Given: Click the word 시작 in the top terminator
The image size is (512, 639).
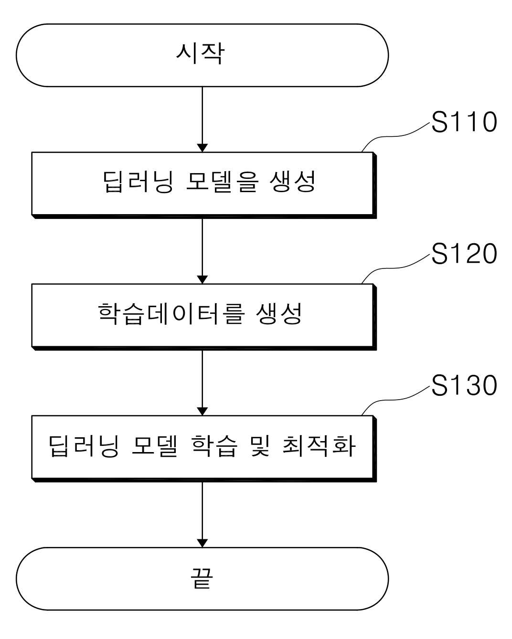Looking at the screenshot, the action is tap(200, 53).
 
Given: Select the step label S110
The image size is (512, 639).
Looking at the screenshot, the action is tap(464, 122).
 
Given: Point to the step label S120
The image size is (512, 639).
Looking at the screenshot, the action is tap(464, 253).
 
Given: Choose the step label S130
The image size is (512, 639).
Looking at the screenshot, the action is tap(464, 385).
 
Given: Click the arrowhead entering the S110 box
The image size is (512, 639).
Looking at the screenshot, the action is tap(203, 147).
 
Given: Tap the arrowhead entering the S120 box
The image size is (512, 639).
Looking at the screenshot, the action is tap(203, 279).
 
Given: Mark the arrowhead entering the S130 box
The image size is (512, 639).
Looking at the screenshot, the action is tap(203, 411).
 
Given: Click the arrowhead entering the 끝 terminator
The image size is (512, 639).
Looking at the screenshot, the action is tap(203, 543).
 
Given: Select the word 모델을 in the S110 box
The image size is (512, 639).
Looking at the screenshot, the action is tap(223, 181).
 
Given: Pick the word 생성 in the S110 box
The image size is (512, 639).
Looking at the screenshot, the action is tap(292, 181).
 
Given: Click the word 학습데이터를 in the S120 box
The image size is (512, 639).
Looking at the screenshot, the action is tap(171, 314).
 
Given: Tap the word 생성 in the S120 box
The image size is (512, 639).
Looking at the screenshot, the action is tap(279, 314).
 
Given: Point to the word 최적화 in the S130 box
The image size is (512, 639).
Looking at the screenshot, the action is tap(319, 445).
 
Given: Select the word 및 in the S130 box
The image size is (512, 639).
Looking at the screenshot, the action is tap(260, 445).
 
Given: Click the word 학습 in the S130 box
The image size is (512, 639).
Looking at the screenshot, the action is tap(214, 445).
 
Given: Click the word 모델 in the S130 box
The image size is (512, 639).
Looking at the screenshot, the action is tap(154, 445).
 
